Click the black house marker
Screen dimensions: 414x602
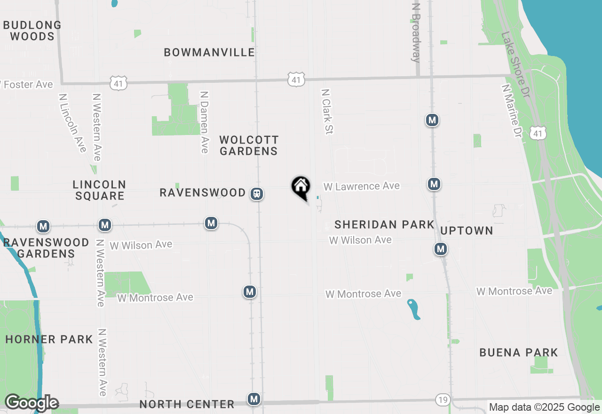pyautogui.click(x=301, y=187)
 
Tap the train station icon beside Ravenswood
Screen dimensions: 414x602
pyautogui.click(x=256, y=194)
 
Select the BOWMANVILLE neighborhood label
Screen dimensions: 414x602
pyautogui.click(x=209, y=52)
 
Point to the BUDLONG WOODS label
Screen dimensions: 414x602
pyautogui.click(x=32, y=31)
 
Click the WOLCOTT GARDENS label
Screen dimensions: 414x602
pyautogui.click(x=249, y=145)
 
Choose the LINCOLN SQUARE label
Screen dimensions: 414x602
pyautogui.click(x=99, y=190)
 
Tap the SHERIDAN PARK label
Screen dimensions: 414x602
pyautogui.click(x=384, y=224)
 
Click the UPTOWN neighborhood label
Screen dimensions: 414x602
pyautogui.click(x=467, y=231)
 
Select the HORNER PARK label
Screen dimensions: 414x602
pyautogui.click(x=49, y=339)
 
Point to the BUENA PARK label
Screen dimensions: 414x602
pyautogui.click(x=519, y=352)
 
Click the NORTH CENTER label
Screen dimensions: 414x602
pyautogui.click(x=187, y=404)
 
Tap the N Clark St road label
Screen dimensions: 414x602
pyautogui.click(x=327, y=111)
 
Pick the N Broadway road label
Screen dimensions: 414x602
pyautogui.click(x=416, y=33)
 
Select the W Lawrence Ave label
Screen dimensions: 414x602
pyautogui.click(x=361, y=186)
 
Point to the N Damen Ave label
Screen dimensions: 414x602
pyautogui.click(x=204, y=122)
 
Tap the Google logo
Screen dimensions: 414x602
pyautogui.click(x=32, y=403)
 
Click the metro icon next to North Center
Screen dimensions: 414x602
pyautogui.click(x=254, y=399)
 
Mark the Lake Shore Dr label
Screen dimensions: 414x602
pyautogui.click(x=515, y=58)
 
